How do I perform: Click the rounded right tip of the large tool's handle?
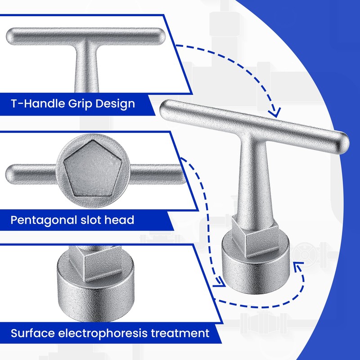343,141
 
